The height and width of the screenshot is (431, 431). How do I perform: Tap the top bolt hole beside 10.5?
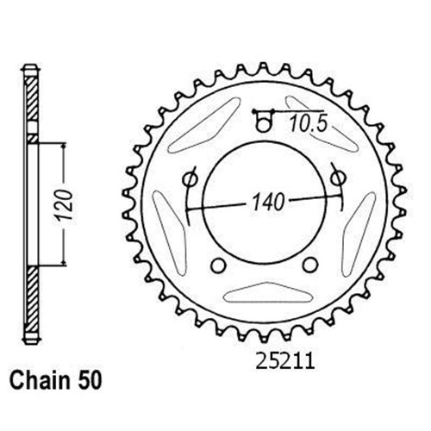(x=265, y=122)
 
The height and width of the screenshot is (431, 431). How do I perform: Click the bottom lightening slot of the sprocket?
(x=265, y=295)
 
